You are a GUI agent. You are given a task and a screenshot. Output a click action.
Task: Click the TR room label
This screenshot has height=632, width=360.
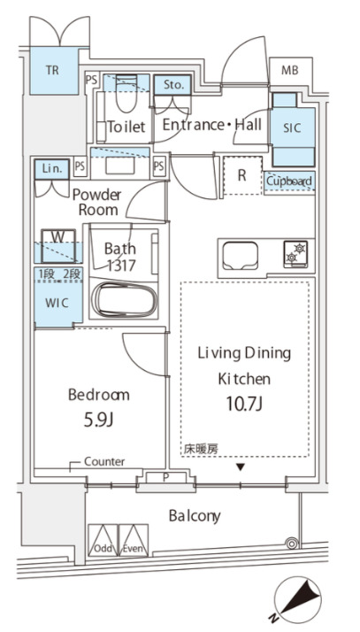tap(52, 70)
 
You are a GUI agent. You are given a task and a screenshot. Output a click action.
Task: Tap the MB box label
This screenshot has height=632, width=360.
tap(290, 70)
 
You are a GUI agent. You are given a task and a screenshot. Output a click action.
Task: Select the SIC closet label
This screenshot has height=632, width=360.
tap(292, 128)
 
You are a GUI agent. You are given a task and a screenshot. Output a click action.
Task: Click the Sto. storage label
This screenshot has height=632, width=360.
tap(174, 85)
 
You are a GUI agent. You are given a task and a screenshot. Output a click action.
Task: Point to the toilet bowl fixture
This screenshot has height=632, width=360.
tap(126, 94)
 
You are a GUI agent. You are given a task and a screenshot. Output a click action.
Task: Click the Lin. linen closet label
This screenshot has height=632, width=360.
tap(52, 168)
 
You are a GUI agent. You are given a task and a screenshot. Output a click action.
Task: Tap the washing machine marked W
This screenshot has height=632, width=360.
tap(58, 245)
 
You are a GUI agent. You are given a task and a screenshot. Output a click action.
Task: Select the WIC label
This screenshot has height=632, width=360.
tap(57, 303)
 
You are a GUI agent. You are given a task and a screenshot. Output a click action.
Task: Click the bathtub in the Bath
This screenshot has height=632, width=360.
tap(125, 300)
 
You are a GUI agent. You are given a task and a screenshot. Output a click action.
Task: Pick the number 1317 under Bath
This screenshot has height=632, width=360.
tap(121, 265)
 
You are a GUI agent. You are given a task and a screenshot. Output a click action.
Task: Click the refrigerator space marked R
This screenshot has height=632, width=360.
tap(242, 176)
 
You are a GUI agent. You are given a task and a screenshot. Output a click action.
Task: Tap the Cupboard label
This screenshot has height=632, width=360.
tap(289, 181)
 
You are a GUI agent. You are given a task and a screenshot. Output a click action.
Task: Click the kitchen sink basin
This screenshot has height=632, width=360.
tap(241, 256)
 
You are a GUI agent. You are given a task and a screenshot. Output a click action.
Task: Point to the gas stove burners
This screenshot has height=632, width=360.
tap(295, 254)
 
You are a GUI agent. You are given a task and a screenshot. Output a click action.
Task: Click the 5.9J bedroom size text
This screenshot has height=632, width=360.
tap(99, 420)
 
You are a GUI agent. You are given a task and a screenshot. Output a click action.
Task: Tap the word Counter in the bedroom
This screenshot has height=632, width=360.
tap(104, 461)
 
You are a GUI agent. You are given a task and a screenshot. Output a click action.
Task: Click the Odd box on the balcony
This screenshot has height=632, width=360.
tap(103, 540)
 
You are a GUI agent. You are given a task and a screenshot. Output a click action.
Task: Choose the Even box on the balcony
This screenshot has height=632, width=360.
tap(134, 540)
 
